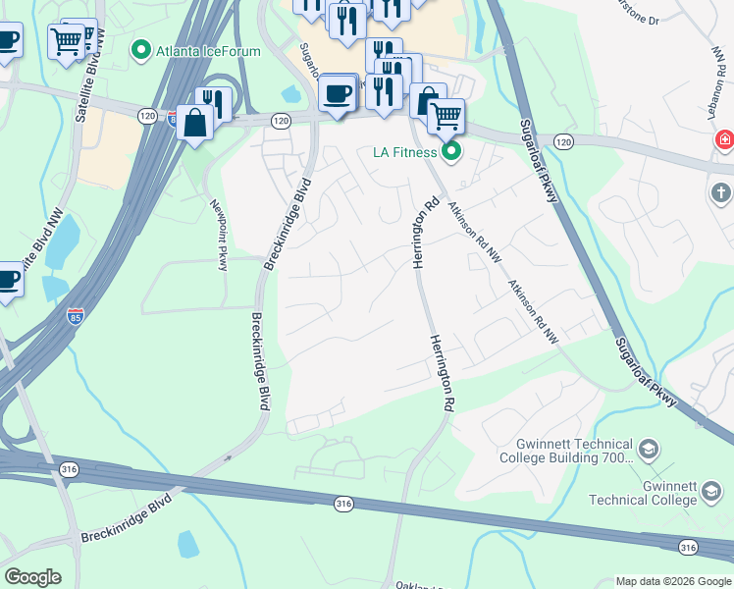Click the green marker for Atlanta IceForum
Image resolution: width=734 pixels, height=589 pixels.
pyautogui.click(x=141, y=48)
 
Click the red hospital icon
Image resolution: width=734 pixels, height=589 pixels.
pyautogui.click(x=725, y=140)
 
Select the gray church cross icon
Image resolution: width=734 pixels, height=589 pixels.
pyautogui.click(x=721, y=193)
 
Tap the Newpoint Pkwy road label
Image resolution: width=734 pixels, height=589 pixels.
pyautogui.click(x=219, y=227)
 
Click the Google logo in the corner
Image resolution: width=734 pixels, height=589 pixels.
pyautogui.click(x=32, y=577)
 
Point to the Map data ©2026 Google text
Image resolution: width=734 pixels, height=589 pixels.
pyautogui.click(x=673, y=581)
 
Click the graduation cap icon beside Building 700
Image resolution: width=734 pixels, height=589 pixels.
pyautogui.click(x=648, y=450)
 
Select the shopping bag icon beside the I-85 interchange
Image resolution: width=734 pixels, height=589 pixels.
pyautogui.click(x=195, y=124)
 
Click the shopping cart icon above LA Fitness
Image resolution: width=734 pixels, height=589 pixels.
pyautogui.click(x=446, y=117)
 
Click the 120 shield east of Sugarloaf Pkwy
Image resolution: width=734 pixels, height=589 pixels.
pyautogui.click(x=563, y=141)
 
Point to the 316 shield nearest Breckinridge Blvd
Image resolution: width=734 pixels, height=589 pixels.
pyautogui.click(x=342, y=504)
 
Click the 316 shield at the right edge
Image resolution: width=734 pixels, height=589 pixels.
pyautogui.click(x=689, y=547)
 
